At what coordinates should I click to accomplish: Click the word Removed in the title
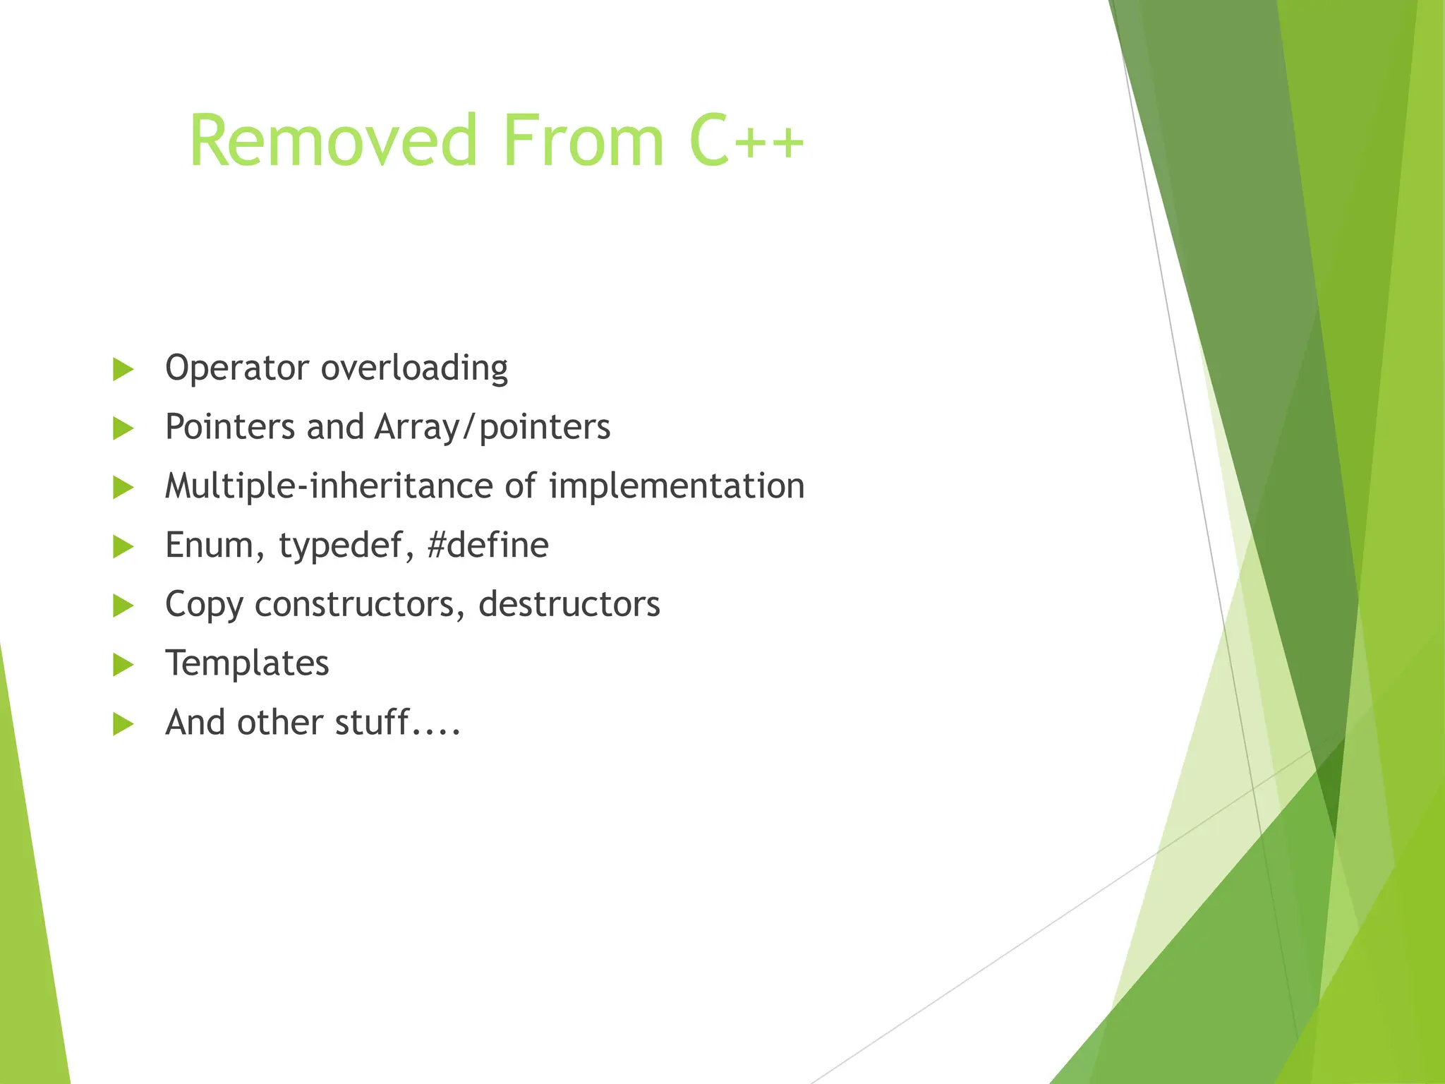click(x=333, y=141)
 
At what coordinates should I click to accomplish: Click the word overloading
click(x=414, y=368)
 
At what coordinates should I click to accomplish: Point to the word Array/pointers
click(x=492, y=428)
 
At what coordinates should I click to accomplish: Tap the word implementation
click(x=677, y=487)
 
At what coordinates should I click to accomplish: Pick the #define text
click(x=488, y=546)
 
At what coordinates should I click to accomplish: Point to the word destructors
click(x=569, y=604)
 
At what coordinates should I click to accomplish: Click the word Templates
click(x=247, y=664)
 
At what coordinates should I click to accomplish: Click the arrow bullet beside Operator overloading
click(x=123, y=369)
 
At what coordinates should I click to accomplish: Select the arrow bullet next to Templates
click(x=123, y=665)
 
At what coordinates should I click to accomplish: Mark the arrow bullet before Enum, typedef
click(x=123, y=546)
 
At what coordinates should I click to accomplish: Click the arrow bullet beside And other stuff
click(x=123, y=724)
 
